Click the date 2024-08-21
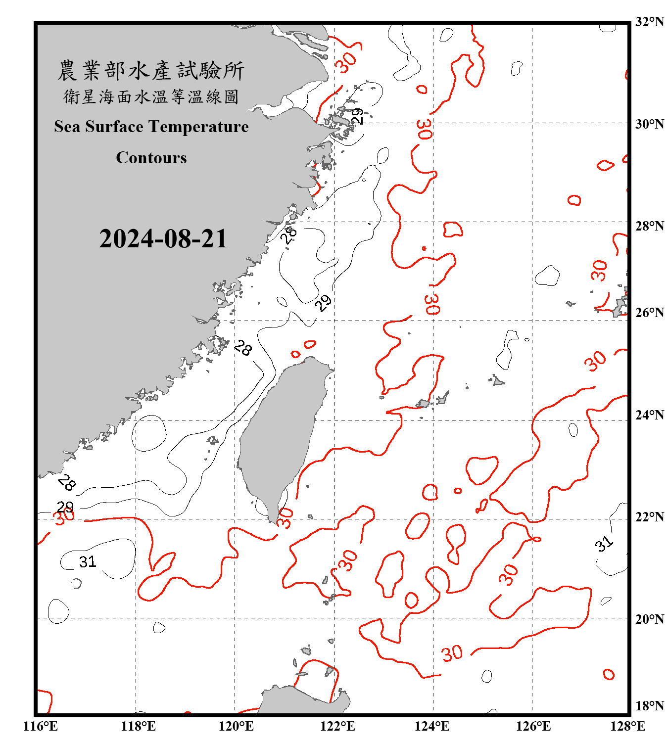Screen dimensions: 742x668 pyautogui.click(x=163, y=239)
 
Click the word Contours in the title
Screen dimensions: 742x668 pyautogui.click(x=151, y=158)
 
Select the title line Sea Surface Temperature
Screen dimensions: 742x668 pyautogui.click(x=151, y=127)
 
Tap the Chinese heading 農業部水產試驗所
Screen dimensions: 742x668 pyautogui.click(x=151, y=71)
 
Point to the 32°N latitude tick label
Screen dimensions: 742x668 pyautogui.click(x=649, y=22)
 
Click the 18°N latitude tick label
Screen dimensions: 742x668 pyautogui.click(x=649, y=706)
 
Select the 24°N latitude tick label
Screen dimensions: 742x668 pyautogui.click(x=649, y=415)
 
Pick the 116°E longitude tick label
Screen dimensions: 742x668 pyautogui.click(x=41, y=726)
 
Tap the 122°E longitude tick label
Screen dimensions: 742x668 pyautogui.click(x=337, y=726)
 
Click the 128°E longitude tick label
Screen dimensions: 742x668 pyautogui.click(x=627, y=726)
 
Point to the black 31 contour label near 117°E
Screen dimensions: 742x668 pyautogui.click(x=88, y=562)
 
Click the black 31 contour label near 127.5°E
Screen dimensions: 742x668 pyautogui.click(x=604, y=544)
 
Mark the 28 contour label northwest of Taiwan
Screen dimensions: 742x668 pyautogui.click(x=242, y=348)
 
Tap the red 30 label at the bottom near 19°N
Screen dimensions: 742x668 pyautogui.click(x=452, y=653)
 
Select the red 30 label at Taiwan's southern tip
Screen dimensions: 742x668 pyautogui.click(x=285, y=517)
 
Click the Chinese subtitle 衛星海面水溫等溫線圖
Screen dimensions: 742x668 pyautogui.click(x=151, y=96)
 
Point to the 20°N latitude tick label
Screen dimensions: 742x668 pyautogui.click(x=649, y=619)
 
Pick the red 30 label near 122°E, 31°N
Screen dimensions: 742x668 pyautogui.click(x=346, y=62)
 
